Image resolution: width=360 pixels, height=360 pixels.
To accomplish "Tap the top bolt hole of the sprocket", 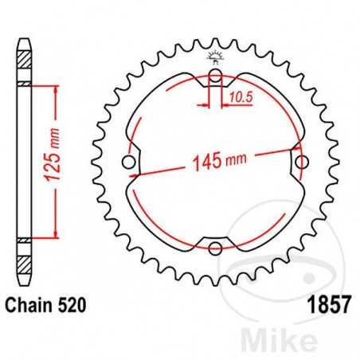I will coord(214,77).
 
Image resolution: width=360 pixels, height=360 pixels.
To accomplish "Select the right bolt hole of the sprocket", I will coord(300,162).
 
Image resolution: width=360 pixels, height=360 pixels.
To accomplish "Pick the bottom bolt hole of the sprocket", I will coord(214,248).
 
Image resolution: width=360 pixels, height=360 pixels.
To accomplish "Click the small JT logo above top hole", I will coord(214,57).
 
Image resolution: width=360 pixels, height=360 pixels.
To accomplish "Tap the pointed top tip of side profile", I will coord(25,34).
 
